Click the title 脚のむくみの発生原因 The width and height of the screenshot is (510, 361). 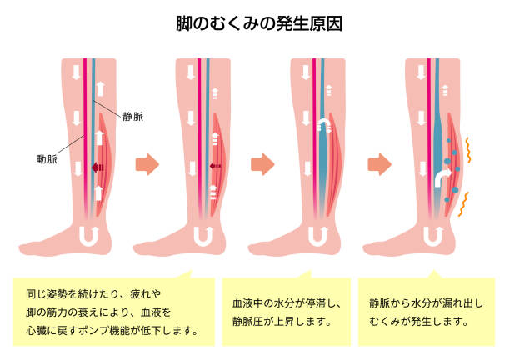[259, 24]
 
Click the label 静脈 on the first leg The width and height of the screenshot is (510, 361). [132, 117]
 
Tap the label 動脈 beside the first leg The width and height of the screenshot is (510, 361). [47, 159]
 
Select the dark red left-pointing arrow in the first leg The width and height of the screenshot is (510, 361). [97, 168]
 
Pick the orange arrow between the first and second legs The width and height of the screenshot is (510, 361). [147, 164]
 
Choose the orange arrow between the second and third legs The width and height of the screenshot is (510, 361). [262, 164]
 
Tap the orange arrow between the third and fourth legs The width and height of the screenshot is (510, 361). [379, 164]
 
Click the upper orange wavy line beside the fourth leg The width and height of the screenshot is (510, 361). [468, 150]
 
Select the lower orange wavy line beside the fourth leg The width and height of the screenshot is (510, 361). [463, 204]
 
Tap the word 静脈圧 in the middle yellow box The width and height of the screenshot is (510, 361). [247, 322]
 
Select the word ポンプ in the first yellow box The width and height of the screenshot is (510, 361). [94, 331]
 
